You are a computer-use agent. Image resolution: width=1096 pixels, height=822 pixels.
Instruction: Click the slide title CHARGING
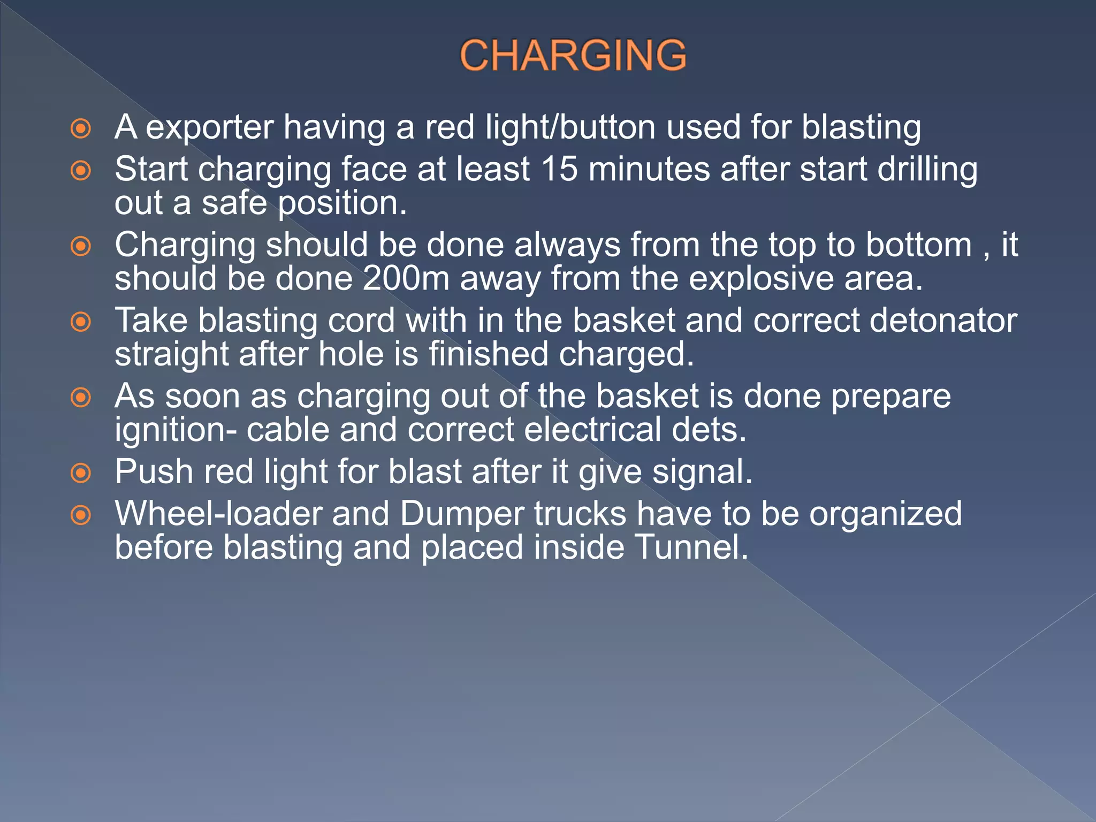pos(573,55)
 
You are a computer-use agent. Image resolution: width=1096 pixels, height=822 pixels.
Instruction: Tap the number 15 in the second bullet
pos(559,169)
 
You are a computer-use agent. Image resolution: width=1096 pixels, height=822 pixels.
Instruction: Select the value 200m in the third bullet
pos(406,279)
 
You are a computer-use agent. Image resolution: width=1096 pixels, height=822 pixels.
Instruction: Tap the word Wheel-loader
pos(218,514)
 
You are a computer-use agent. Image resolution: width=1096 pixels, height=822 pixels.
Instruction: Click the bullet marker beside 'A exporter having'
pos(81,128)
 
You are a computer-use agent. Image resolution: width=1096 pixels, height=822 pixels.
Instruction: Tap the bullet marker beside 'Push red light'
pos(81,473)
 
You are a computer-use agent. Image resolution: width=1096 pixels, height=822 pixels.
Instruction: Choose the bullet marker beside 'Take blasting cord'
pos(81,322)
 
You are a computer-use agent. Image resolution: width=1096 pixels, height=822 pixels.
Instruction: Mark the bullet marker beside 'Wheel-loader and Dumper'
pos(81,515)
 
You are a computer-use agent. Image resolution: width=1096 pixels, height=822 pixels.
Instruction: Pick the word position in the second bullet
pos(342,204)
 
